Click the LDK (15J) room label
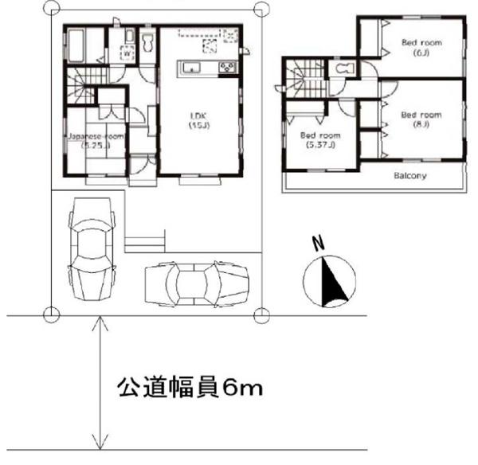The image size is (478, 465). [198, 119]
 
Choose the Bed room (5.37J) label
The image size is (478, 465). [319, 140]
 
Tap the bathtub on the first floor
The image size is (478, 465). [76, 45]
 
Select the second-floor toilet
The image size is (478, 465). [346, 70]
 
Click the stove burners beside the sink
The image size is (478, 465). [226, 68]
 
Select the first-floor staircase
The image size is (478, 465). [80, 83]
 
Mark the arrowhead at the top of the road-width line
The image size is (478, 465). [98, 321]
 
